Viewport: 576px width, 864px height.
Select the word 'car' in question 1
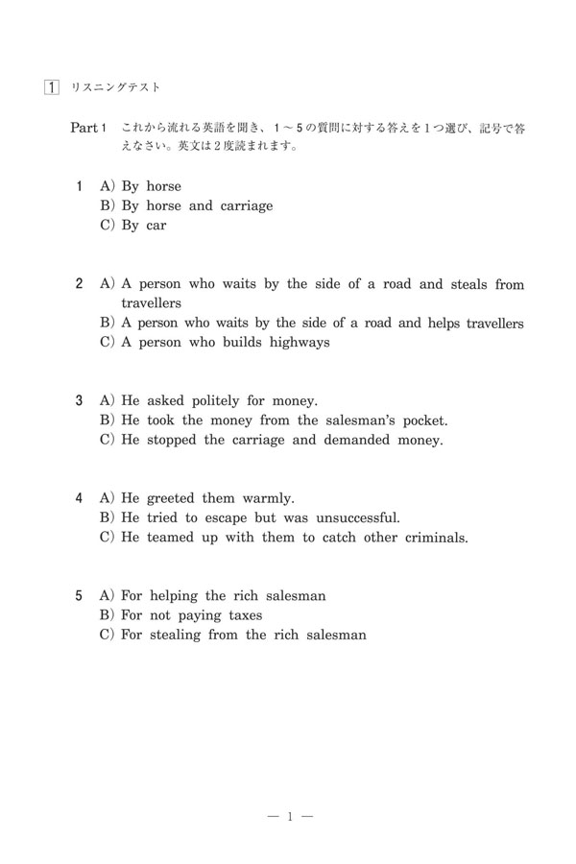[x=156, y=226]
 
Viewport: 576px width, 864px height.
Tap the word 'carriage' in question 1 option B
[x=245, y=205]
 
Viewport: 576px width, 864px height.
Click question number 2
[x=79, y=284]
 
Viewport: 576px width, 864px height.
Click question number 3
[x=79, y=401]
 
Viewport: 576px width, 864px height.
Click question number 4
[x=79, y=499]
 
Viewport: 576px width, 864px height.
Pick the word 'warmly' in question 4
[x=270, y=499]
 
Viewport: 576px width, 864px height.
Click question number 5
[x=79, y=596]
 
